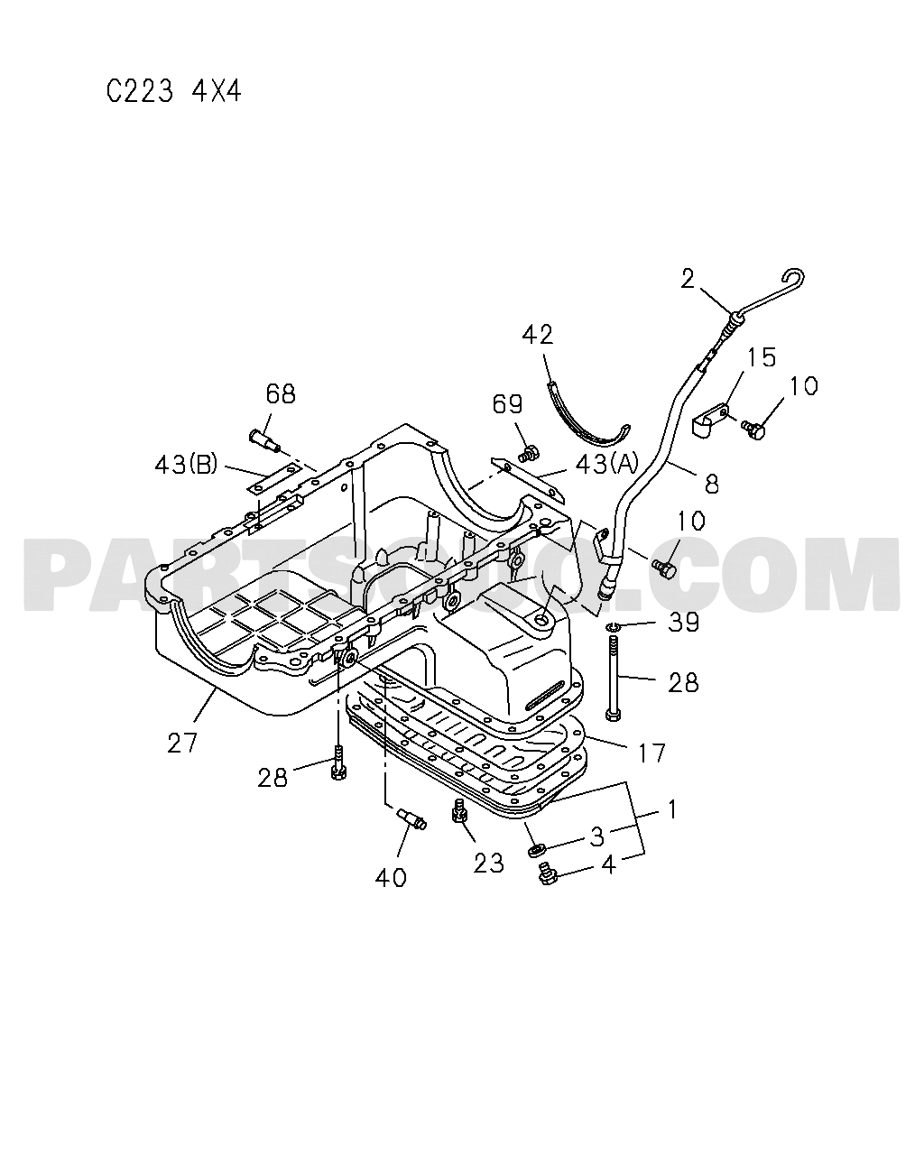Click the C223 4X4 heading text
click(173, 92)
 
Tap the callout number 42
click(538, 335)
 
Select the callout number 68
click(281, 394)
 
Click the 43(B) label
click(186, 465)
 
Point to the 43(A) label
click(606, 464)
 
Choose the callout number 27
click(182, 744)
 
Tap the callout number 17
click(651, 753)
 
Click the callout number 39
click(683, 622)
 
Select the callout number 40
click(391, 878)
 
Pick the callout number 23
click(488, 864)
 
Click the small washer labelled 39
click(612, 626)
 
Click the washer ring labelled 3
click(537, 850)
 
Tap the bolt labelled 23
click(459, 824)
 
